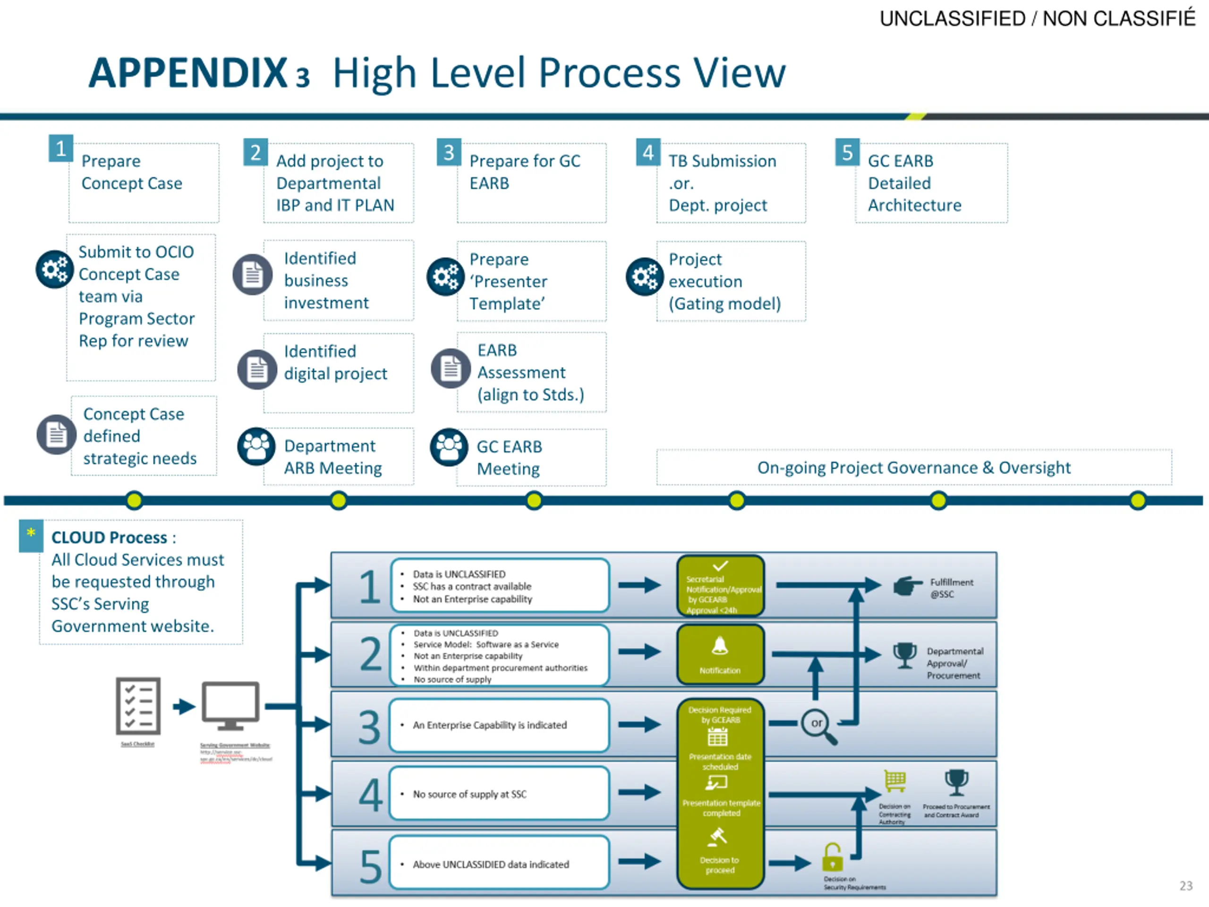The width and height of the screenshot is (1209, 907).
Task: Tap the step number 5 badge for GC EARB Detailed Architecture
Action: [847, 152]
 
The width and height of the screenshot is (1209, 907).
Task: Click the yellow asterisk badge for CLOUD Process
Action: [31, 533]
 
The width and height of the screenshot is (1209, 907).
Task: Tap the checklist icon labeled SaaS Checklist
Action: [138, 706]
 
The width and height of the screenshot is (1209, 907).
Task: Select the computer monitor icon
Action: [230, 706]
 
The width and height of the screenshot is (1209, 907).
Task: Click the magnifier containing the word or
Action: [817, 725]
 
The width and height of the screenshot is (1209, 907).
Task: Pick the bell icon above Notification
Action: [719, 646]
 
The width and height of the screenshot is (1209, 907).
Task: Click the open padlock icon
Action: [833, 857]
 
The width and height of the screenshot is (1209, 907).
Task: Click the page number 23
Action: [1185, 885]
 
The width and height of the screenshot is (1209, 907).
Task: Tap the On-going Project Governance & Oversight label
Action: [913, 468]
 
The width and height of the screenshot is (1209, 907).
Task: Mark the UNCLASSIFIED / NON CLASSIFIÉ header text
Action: [1037, 18]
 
